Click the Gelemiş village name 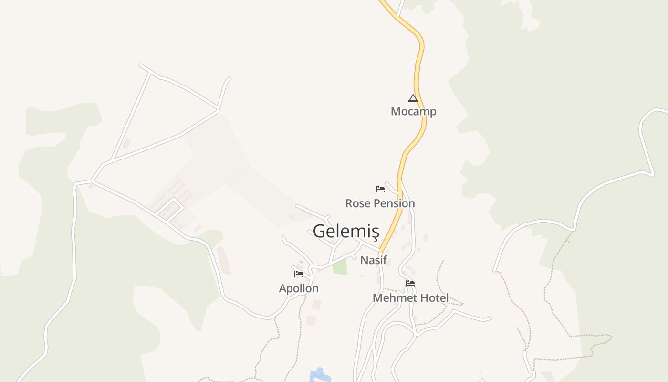pos(346,231)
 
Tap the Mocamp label pos(413,111)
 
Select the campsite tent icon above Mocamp pos(413,98)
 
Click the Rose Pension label pos(380,203)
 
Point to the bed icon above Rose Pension pos(380,189)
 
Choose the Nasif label pos(373,260)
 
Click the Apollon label pos(299,288)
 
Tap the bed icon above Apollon pos(299,274)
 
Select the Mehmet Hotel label pos(410,298)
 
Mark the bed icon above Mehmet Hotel pos(410,284)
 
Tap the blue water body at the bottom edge pos(320,375)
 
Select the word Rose pos(357,203)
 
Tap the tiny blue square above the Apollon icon pos(301,262)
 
